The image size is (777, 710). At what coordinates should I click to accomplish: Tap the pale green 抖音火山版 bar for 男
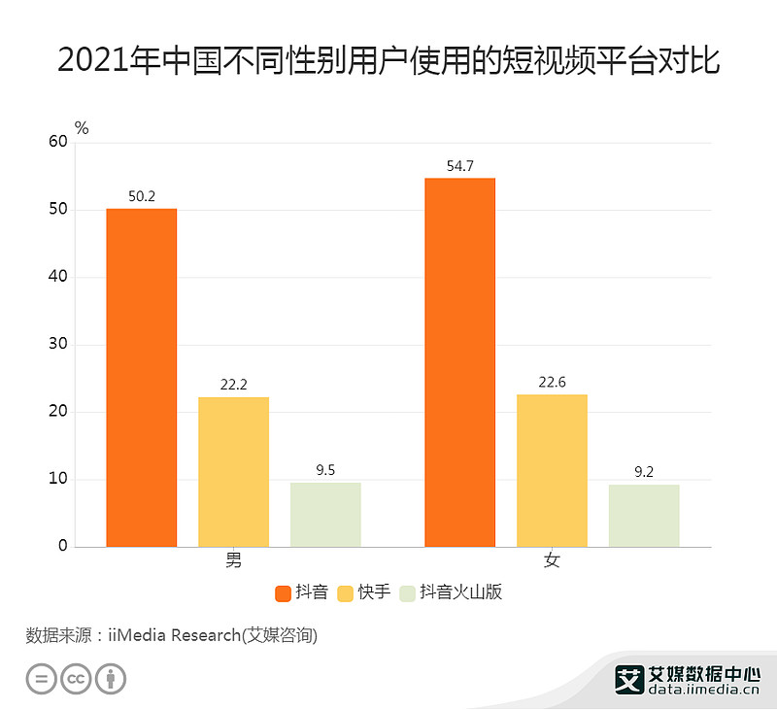click(325, 514)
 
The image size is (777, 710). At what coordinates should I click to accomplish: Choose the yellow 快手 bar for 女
click(552, 470)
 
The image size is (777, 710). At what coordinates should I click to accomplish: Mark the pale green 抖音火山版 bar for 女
click(644, 515)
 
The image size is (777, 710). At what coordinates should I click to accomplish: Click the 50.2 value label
click(142, 196)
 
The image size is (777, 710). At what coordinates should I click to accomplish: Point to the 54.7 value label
click(459, 166)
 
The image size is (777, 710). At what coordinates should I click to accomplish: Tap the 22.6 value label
click(552, 382)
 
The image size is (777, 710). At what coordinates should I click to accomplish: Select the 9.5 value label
click(325, 470)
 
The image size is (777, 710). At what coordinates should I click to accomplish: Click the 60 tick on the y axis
click(58, 142)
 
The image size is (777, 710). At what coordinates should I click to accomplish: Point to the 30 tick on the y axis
click(58, 345)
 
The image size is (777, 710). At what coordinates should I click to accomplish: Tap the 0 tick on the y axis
click(63, 546)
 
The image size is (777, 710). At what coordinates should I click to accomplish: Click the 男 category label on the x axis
click(233, 561)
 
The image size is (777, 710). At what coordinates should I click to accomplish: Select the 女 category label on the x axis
click(552, 561)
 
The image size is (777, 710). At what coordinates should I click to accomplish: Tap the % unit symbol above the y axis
click(82, 127)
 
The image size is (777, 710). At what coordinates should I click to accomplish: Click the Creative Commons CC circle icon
click(77, 679)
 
